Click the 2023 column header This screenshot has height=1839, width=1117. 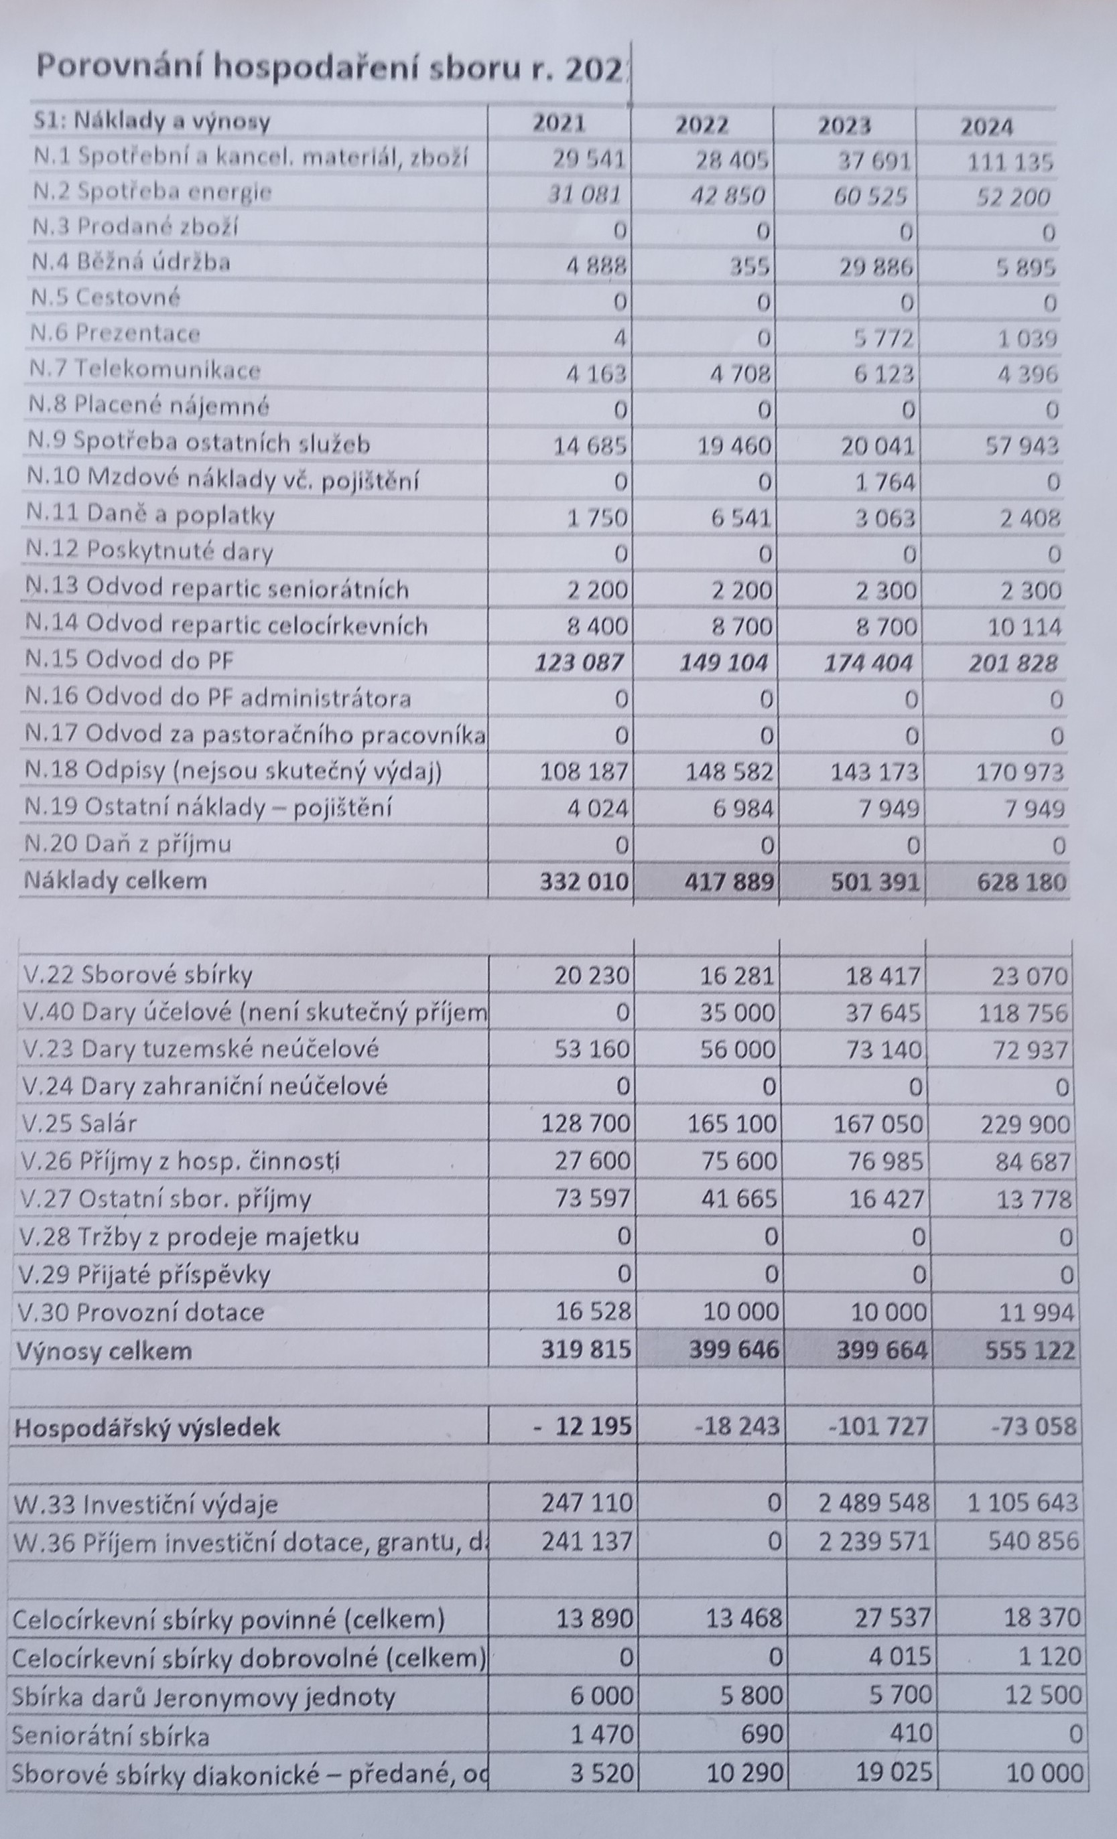[844, 125]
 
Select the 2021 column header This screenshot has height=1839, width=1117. [559, 123]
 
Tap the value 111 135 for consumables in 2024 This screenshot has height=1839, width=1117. [1010, 161]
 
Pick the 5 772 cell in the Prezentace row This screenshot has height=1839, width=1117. [884, 339]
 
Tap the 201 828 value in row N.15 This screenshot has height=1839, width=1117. [1012, 663]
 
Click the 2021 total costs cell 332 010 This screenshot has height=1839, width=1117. [583, 881]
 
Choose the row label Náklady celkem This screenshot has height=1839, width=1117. [115, 880]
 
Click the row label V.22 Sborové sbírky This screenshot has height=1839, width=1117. [137, 974]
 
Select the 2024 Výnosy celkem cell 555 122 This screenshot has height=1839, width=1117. [1030, 1349]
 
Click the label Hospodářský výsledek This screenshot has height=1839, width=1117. [147, 1427]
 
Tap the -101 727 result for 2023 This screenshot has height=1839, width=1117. [878, 1426]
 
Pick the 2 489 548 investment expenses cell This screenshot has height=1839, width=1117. [874, 1502]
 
